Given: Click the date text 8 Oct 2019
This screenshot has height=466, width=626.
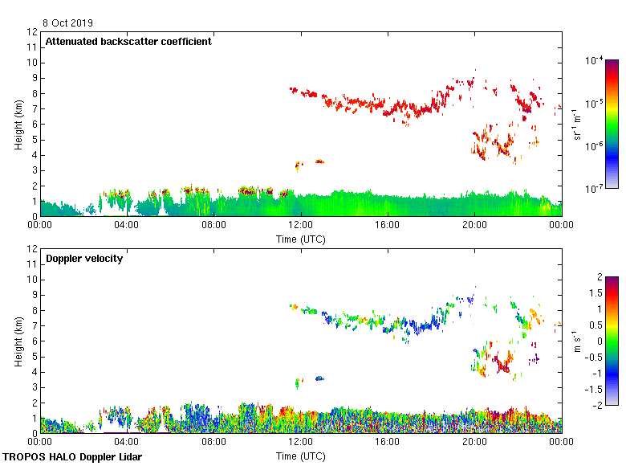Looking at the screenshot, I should click(x=68, y=22).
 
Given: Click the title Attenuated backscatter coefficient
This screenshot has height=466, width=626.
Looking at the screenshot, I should click(x=128, y=42).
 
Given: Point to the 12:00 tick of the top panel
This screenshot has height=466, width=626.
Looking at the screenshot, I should click(x=301, y=226).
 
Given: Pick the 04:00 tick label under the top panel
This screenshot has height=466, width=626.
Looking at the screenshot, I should click(x=127, y=226).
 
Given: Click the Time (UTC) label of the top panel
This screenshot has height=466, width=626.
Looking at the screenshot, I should click(x=301, y=239).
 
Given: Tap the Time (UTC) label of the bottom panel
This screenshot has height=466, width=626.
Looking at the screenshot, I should click(x=301, y=456).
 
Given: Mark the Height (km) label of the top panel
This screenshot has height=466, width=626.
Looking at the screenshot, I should click(x=18, y=124).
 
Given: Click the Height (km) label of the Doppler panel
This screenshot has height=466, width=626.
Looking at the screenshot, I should click(x=18, y=341).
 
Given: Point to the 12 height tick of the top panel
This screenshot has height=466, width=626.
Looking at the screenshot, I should click(x=33, y=32).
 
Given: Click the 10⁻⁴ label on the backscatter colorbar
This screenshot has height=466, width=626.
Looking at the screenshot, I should click(x=595, y=60).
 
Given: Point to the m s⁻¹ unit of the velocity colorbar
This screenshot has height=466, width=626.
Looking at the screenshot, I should click(x=579, y=341).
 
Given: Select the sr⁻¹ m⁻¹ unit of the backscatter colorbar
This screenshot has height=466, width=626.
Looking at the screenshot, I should click(x=579, y=124).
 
